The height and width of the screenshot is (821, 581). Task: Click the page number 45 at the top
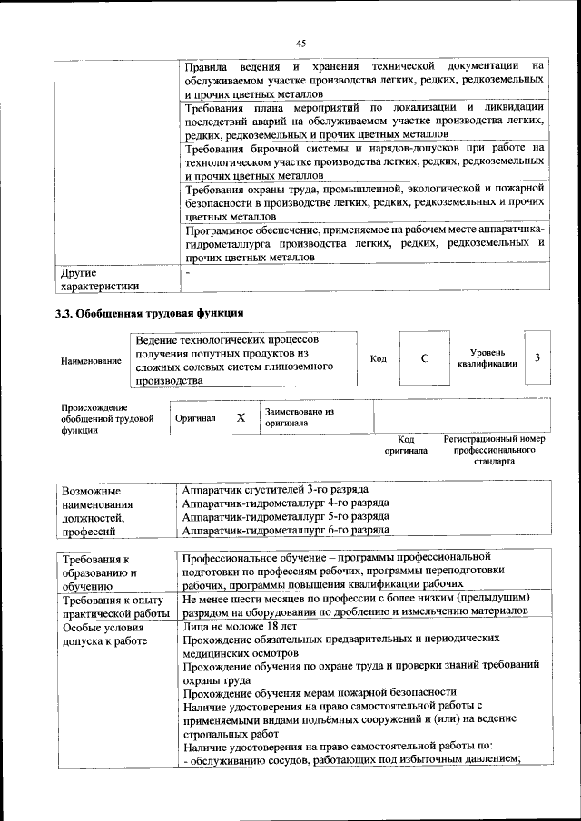point(301,41)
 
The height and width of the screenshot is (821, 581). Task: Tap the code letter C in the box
point(425,358)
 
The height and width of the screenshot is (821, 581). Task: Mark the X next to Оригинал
point(241,418)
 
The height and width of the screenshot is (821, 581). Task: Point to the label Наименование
point(91,360)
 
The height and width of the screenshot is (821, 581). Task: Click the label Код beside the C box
point(379,358)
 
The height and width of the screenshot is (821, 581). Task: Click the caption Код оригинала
point(405,445)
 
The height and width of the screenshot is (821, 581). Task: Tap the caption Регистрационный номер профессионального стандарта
point(495,449)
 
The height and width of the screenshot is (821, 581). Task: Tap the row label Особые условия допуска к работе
point(104,633)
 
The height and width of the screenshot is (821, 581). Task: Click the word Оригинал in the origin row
point(195,418)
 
